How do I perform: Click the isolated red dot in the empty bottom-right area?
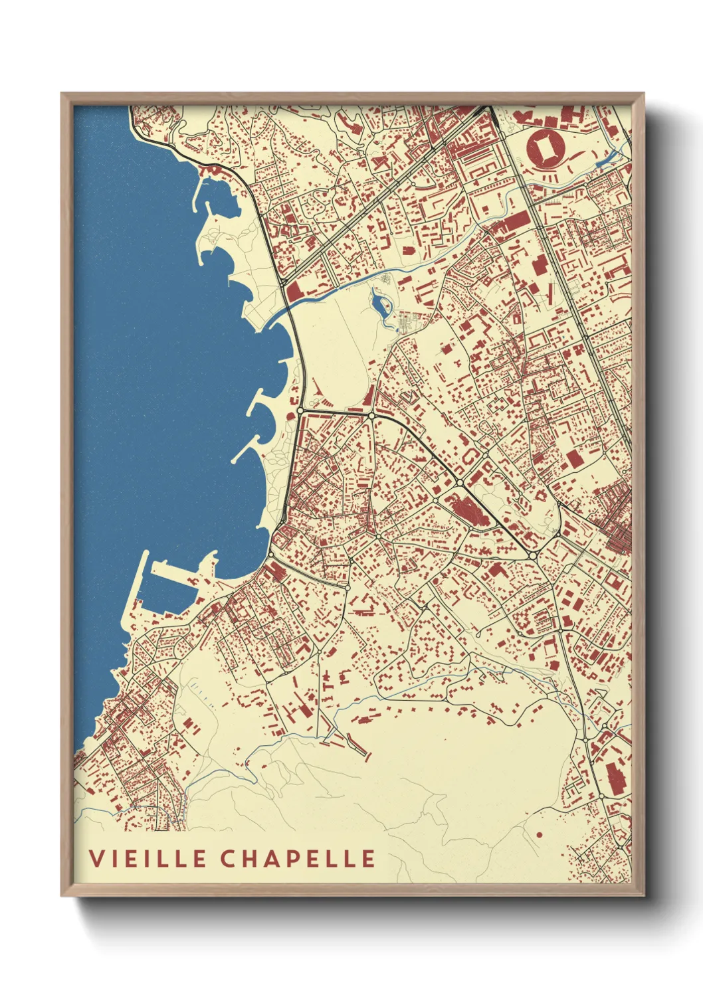coord(539,835)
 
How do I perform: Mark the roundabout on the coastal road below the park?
coord(301,411)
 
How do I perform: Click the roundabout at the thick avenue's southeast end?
coord(532,555)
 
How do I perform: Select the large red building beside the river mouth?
coord(295,292)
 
